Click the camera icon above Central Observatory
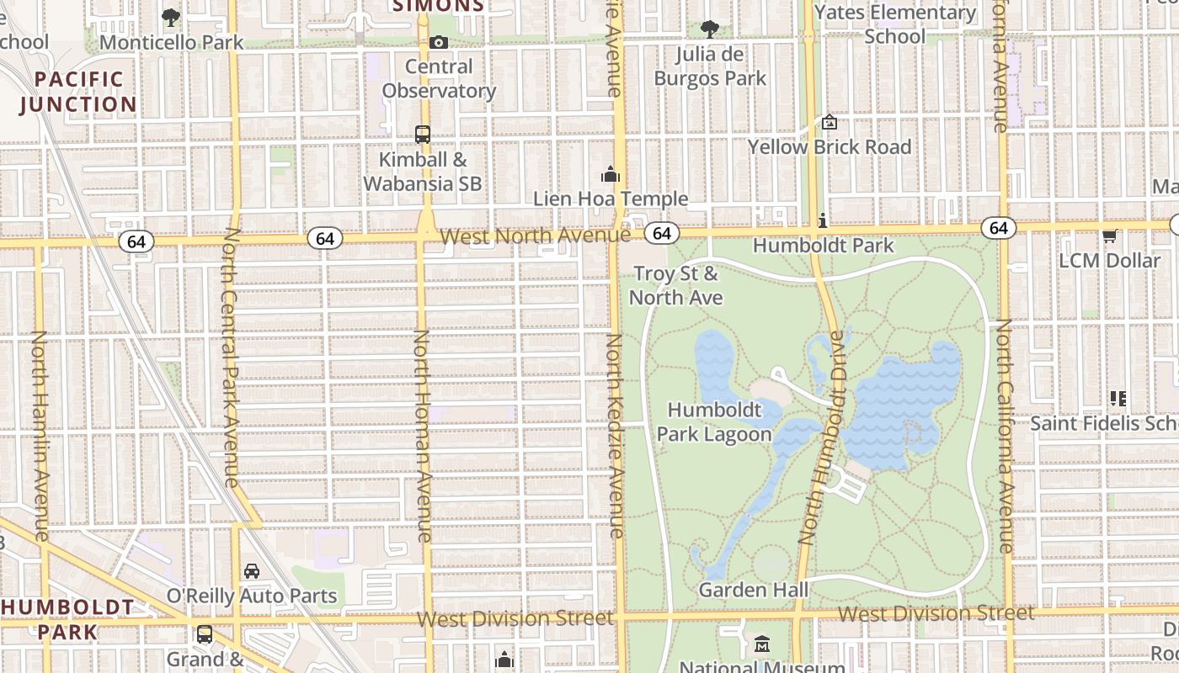439,42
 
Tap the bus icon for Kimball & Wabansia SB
423,135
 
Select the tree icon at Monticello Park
171,17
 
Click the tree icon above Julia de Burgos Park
710,29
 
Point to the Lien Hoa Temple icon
610,175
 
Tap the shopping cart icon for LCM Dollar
1110,236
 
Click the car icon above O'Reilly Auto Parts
251,571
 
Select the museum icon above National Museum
762,644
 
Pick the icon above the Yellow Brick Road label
830,123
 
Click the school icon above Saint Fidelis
1118,398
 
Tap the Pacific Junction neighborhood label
78,92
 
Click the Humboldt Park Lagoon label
714,422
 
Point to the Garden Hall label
754,590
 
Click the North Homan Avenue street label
422,436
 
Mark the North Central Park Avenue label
231,358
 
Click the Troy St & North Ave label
675,285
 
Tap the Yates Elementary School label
894,24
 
